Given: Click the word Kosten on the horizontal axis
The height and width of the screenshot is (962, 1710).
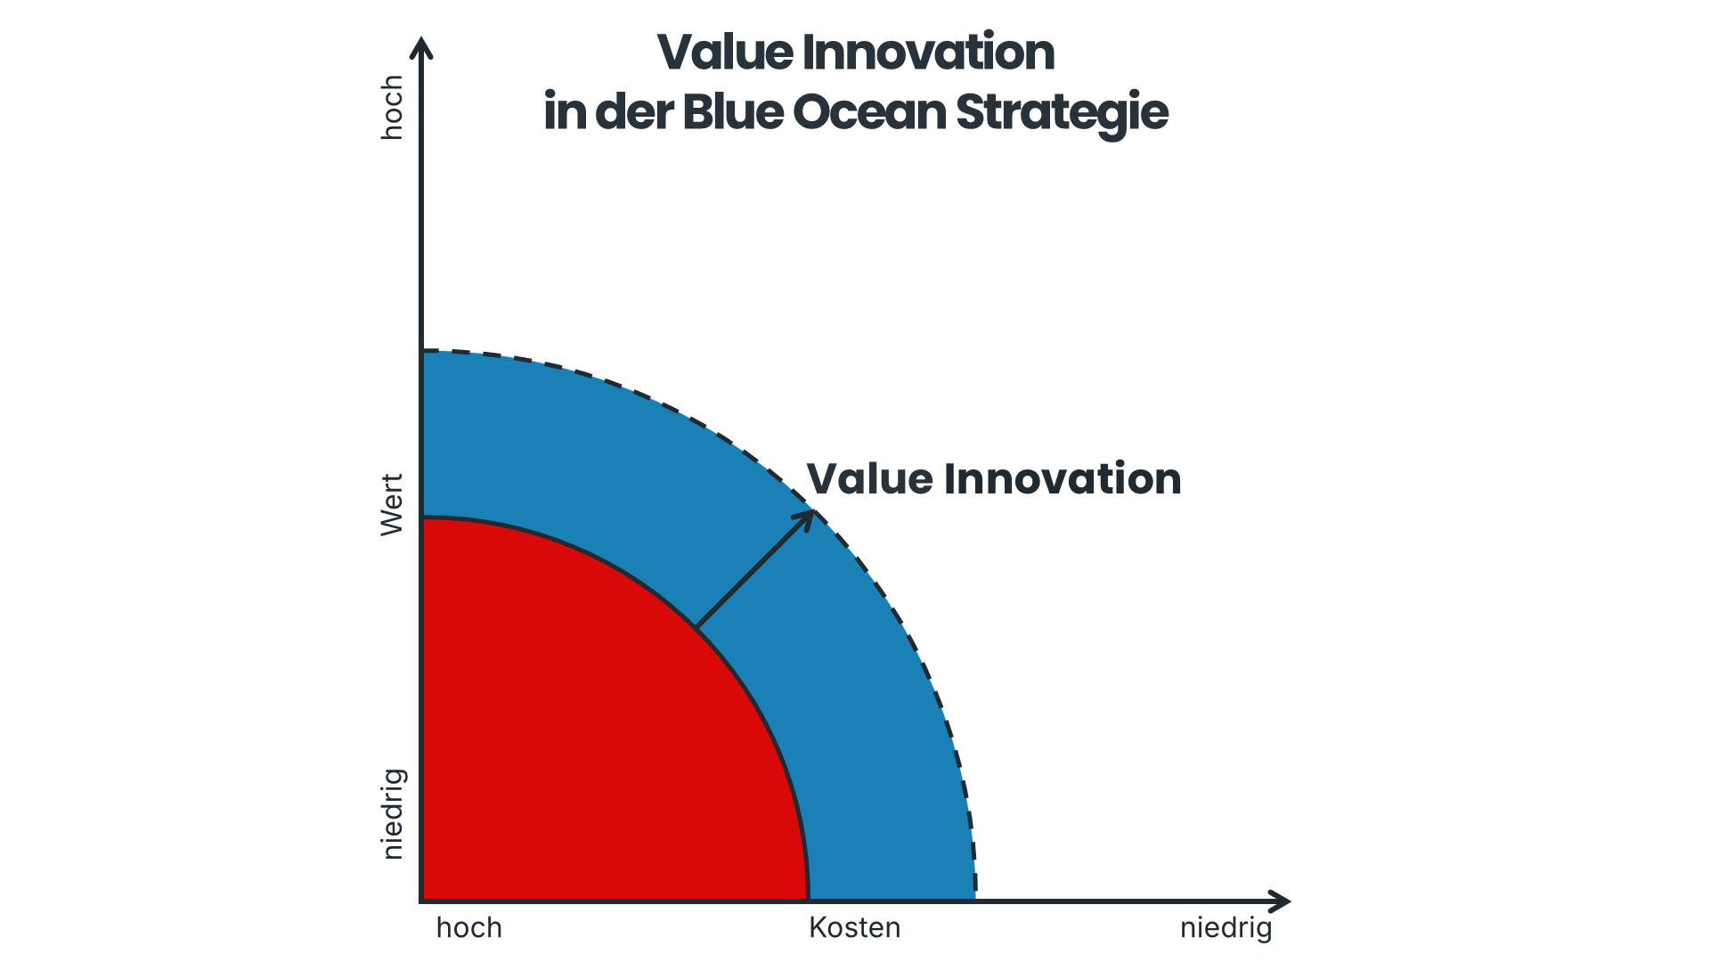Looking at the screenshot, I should (x=854, y=928).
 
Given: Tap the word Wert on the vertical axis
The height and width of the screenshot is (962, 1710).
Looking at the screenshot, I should (x=392, y=504).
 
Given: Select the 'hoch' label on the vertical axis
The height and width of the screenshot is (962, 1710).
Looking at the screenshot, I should (x=392, y=107).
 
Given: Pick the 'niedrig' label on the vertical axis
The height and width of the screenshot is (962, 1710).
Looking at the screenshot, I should (x=392, y=814).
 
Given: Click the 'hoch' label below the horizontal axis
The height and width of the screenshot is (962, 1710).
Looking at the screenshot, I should (x=469, y=928).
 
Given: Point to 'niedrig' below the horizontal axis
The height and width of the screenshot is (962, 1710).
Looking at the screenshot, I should (x=1225, y=928).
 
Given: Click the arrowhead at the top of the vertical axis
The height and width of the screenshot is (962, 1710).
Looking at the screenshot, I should (x=424, y=46).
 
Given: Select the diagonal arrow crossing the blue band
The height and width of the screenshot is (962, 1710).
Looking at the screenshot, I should (x=753, y=571).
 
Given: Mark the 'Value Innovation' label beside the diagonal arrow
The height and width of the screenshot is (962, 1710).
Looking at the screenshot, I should (x=993, y=479).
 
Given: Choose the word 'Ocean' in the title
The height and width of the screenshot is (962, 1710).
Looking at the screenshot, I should (x=868, y=112).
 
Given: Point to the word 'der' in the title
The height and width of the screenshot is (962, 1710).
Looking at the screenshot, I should (x=633, y=112).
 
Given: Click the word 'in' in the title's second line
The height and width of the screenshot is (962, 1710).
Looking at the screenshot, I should (x=562, y=112).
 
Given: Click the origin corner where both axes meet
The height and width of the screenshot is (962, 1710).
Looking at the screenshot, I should (x=422, y=901).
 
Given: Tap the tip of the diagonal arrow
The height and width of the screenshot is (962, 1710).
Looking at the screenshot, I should (x=812, y=512).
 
